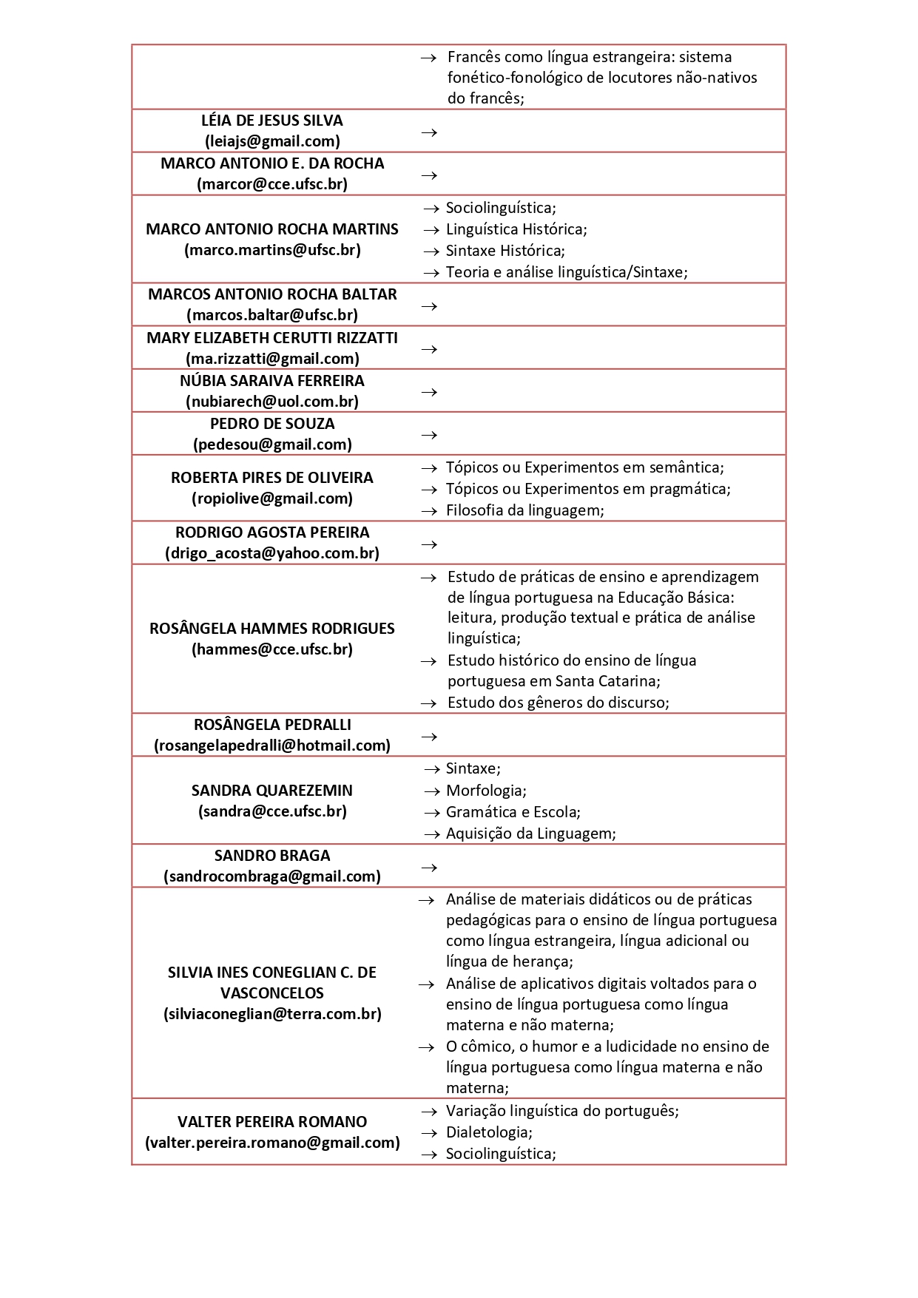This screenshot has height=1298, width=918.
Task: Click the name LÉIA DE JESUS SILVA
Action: pos(272,121)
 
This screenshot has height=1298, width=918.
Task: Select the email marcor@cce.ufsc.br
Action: pos(272,184)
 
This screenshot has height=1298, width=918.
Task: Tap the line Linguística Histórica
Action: pos(516,229)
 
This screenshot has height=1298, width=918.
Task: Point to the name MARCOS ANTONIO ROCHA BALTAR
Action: pos(272,294)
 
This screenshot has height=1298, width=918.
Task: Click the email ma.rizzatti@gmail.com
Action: pos(272,359)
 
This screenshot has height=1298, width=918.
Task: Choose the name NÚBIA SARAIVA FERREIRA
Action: pos(272,381)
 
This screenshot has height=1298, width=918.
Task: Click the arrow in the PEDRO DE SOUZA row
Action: pos(429,435)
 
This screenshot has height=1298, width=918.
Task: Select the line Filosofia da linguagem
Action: pos(524,510)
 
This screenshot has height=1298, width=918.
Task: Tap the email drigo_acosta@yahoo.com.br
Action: pos(272,553)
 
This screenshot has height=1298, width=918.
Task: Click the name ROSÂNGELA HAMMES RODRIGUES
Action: pos(272,629)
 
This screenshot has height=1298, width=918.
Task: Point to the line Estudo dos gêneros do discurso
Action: pos(558,703)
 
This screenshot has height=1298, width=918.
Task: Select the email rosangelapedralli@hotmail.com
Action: pos(272,746)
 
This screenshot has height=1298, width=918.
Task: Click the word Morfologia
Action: pos(486,791)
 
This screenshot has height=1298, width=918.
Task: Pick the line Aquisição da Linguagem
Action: pos(530,834)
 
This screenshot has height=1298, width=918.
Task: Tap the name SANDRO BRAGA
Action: pos(272,856)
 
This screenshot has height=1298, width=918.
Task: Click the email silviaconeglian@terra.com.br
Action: pos(272,1014)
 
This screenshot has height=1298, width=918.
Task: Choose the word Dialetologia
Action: pos(488,1132)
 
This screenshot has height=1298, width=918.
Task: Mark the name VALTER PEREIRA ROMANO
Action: pos(272,1122)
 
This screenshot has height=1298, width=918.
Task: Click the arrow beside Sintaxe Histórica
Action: pos(431,251)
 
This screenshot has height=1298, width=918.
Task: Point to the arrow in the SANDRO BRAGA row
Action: pos(429,868)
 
